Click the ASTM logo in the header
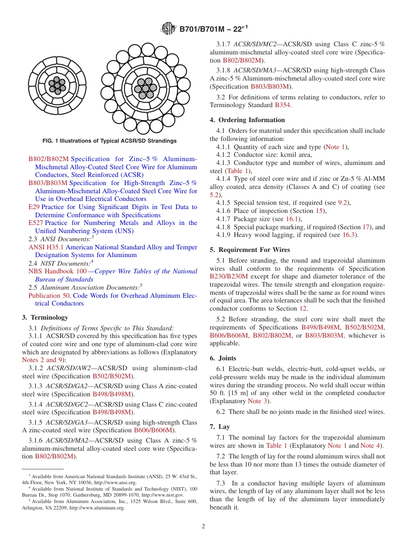pos(168,29)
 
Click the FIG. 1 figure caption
pos(109,141)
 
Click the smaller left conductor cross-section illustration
pos(57,86)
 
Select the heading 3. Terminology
pos(45,317)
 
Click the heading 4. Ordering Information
pos(247,120)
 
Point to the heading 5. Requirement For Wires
pos(250,250)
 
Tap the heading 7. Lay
pos(220,427)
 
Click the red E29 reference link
pos(34,207)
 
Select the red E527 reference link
pos(36,223)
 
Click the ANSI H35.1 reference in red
pos(46,247)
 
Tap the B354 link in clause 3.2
pos(282,105)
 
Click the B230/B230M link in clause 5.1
pos(229,276)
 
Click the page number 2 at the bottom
pos(203,527)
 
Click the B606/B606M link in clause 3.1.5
pos(153,430)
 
